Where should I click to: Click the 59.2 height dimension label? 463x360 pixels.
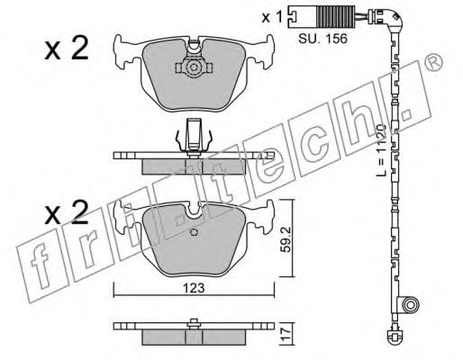(x=286, y=239)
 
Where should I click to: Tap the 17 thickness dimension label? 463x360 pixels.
(x=286, y=334)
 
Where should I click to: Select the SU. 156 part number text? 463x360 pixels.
(x=322, y=39)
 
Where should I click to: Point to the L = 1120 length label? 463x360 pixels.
(x=382, y=149)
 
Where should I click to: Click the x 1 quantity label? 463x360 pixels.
(x=272, y=17)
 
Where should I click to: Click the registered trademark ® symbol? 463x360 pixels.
(x=434, y=63)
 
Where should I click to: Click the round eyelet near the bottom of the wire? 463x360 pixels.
(x=410, y=305)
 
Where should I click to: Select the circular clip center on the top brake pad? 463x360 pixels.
(x=193, y=68)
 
